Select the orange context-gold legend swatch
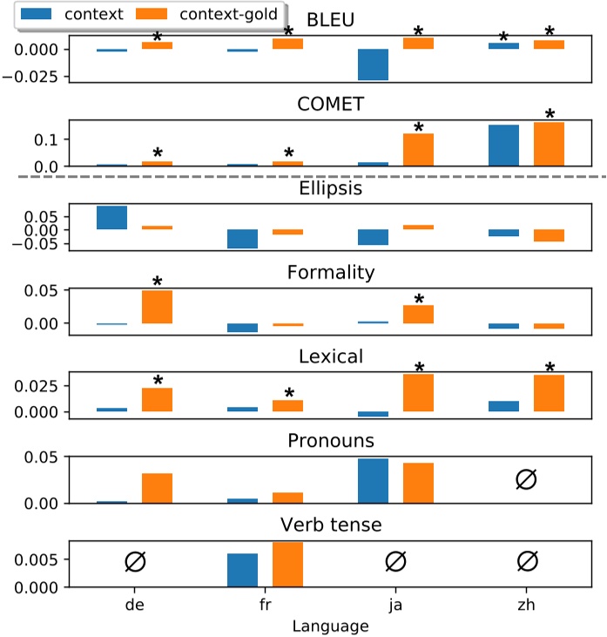160,14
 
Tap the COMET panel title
330,105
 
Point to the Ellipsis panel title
330,187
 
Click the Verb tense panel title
330,525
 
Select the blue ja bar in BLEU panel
374,64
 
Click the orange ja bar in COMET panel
418,149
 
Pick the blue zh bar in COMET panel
504,145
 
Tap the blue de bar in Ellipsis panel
112,218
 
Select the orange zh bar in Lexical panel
550,393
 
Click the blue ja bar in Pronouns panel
374,481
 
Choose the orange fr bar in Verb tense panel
287,564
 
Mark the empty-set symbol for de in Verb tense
135,562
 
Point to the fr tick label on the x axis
265,603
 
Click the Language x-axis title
330,625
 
